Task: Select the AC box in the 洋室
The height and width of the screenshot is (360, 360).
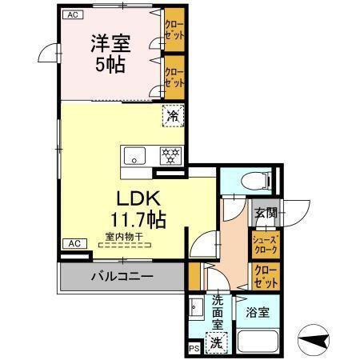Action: tap(71, 15)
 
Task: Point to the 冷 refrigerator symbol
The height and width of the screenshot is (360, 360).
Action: tap(173, 115)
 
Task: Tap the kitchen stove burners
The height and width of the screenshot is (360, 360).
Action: tap(170, 155)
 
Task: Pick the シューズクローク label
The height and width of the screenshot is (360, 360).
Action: tap(265, 243)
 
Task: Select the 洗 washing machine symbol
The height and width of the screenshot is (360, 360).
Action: tap(216, 342)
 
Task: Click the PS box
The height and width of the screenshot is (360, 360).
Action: tap(193, 348)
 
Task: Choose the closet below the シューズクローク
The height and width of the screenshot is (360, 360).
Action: tap(265, 277)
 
